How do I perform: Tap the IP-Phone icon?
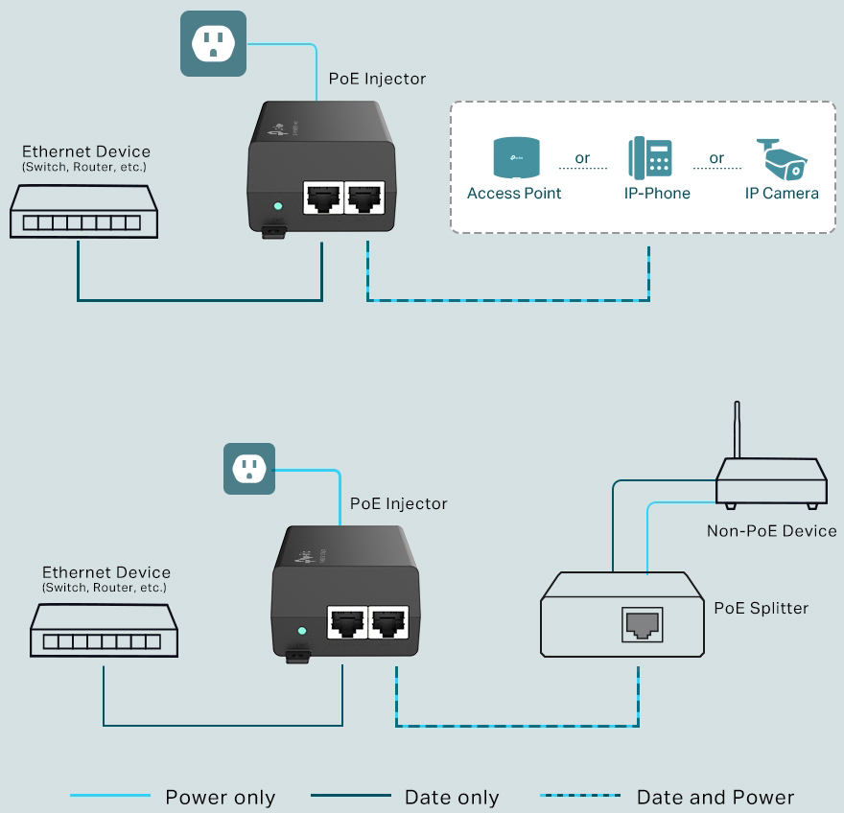tap(650, 158)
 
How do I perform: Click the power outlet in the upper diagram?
tap(213, 43)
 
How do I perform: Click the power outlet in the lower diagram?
tap(249, 469)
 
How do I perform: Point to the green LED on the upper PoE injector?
tap(278, 205)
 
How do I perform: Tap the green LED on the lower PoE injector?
tap(302, 631)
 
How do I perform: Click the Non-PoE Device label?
tap(771, 530)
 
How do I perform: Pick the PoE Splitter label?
tap(761, 608)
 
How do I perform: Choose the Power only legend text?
tap(220, 797)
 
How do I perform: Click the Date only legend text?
tap(452, 797)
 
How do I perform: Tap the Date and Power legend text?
tap(715, 797)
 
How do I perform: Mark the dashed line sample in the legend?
tap(580, 796)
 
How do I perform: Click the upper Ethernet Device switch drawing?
tap(84, 212)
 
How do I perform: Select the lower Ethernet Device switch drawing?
tap(104, 631)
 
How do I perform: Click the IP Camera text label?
tap(782, 193)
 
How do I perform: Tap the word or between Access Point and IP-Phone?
tap(582, 158)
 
